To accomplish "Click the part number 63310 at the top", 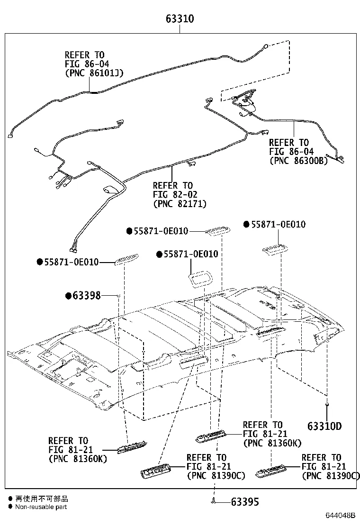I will (180, 19).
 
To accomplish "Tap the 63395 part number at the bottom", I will (245, 501).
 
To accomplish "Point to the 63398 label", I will (87, 296).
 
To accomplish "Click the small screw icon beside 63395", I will (214, 501).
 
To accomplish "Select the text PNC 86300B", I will (298, 160).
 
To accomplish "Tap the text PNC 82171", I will (180, 203).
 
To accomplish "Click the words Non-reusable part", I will (41, 507).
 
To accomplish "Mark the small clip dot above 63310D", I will (327, 403).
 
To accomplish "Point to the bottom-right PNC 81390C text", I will (331, 475).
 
